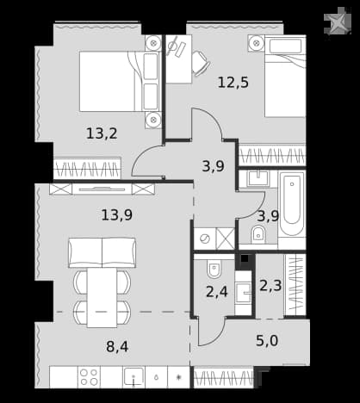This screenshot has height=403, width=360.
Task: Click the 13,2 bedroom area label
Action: click(x=102, y=133)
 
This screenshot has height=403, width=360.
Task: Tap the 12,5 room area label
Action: click(x=233, y=83)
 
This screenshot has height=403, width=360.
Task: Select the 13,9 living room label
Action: click(x=117, y=214)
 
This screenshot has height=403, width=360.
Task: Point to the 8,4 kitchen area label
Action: click(x=117, y=346)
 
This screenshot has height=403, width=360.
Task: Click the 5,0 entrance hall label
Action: click(x=267, y=341)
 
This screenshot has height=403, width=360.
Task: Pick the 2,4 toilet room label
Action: click(x=217, y=292)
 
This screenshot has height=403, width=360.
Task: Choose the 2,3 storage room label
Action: click(x=270, y=286)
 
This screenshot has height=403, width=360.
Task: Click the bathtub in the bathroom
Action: click(x=292, y=204)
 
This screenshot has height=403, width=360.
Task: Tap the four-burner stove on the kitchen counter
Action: click(x=89, y=377)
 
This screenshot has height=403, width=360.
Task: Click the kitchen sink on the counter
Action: click(x=133, y=376)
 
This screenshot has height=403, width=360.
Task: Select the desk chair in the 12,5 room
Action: click(x=201, y=64)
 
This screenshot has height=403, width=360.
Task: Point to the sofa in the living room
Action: click(x=102, y=252)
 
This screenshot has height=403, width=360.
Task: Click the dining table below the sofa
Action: click(x=102, y=298)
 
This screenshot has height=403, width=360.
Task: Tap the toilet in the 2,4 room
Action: click(x=214, y=270)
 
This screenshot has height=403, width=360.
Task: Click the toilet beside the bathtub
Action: click(x=258, y=235)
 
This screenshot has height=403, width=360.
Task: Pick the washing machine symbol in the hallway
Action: click(x=205, y=239)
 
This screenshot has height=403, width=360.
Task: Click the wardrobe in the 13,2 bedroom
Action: click(x=87, y=169)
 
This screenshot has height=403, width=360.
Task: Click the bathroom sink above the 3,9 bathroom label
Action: click(x=258, y=178)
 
